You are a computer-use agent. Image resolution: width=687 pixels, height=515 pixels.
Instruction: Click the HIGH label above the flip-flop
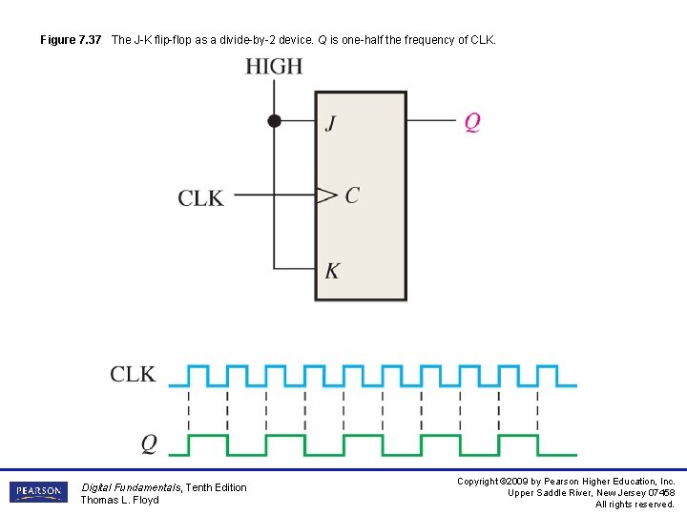[x=274, y=67]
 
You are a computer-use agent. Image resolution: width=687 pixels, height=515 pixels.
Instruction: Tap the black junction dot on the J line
[x=274, y=121]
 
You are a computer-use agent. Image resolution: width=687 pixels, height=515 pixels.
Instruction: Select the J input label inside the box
[x=330, y=123]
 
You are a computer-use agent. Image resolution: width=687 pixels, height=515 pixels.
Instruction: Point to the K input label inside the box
[x=331, y=271]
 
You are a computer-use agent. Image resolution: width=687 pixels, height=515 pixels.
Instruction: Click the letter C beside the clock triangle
[x=352, y=196]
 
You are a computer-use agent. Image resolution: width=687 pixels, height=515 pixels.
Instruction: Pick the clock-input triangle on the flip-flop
[x=326, y=196]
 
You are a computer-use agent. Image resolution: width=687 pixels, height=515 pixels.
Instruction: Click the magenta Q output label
[x=472, y=122]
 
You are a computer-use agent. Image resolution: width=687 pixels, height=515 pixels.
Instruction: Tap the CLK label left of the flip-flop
[x=200, y=198]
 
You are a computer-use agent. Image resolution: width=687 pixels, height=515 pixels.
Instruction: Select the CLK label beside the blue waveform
[x=133, y=374]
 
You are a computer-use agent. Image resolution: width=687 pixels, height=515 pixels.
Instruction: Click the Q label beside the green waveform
[x=149, y=443]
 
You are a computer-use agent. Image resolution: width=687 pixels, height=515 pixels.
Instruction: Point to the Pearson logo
[x=38, y=492]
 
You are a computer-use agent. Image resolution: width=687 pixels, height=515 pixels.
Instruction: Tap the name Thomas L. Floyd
[x=119, y=500]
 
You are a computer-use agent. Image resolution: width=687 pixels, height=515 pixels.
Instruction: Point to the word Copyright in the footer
[x=478, y=482]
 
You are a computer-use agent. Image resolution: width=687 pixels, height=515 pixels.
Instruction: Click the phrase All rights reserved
[x=635, y=505]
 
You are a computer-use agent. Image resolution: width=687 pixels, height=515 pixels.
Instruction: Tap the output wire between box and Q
[x=430, y=121]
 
